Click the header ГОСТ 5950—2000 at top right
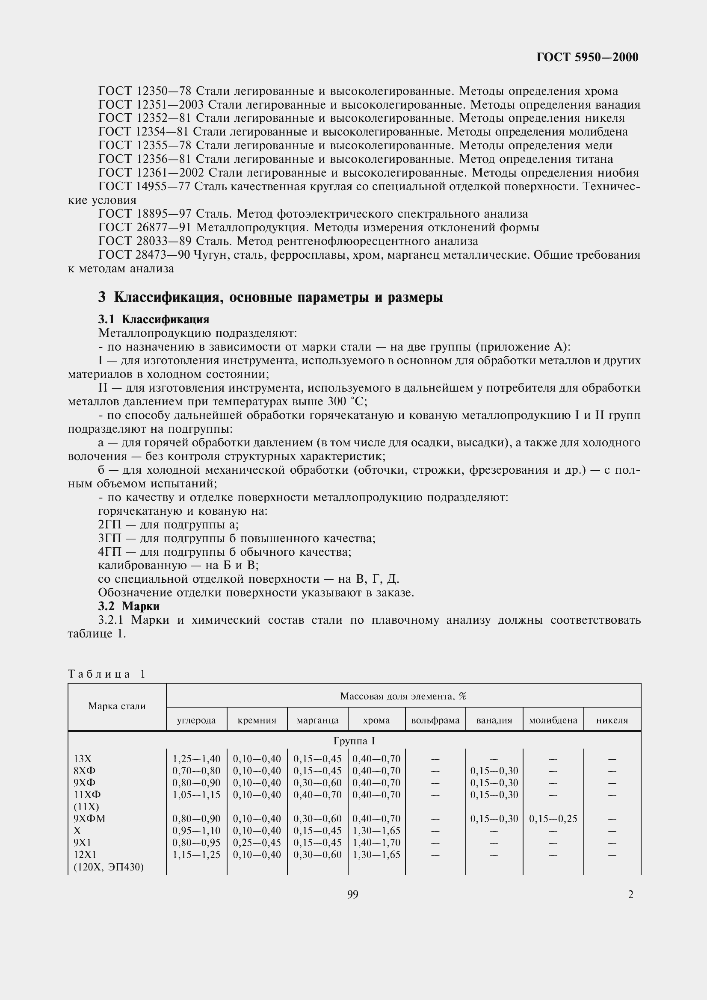click(x=587, y=57)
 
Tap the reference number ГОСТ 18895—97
click(x=145, y=214)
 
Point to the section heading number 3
click(x=102, y=298)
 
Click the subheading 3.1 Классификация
click(x=154, y=319)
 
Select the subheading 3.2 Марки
click(x=129, y=606)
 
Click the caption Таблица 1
click(x=106, y=674)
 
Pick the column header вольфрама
click(x=435, y=720)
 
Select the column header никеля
click(x=612, y=720)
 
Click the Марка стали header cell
click(x=117, y=706)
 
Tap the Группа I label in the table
click(x=354, y=741)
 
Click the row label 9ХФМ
click(x=90, y=818)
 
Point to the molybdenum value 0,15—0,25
click(x=553, y=819)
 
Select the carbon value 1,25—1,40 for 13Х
click(x=196, y=759)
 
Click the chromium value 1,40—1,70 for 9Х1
click(x=376, y=842)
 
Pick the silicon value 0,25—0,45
click(x=257, y=842)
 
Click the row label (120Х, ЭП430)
click(x=109, y=867)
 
